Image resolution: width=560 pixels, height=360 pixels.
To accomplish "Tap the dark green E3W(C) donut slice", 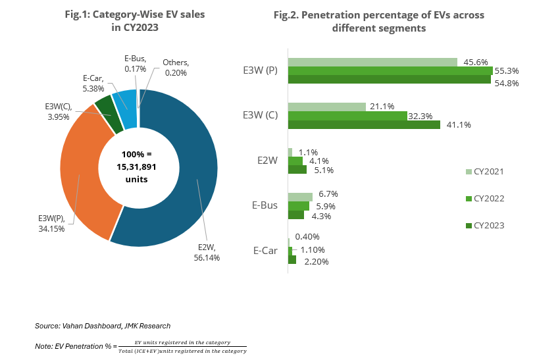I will [103, 105].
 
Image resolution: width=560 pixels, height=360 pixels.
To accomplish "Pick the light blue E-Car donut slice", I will [124, 99].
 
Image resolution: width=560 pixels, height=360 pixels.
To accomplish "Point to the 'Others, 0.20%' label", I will [175, 67].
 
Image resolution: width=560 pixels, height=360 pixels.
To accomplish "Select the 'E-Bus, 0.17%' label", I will [135, 63].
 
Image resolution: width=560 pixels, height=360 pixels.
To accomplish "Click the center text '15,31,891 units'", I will [139, 172].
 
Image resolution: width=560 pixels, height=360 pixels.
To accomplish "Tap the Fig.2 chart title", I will [378, 21].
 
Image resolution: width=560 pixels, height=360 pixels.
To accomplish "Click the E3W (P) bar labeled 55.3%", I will [390, 71].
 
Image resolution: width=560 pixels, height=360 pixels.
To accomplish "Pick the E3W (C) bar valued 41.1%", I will [364, 124].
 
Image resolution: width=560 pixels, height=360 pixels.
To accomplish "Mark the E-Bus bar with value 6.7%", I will [300, 196].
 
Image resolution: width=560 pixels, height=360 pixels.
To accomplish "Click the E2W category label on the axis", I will [267, 160].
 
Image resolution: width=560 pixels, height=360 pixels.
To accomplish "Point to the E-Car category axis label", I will [266, 250].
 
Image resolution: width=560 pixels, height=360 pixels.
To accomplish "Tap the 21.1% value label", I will [382, 106].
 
